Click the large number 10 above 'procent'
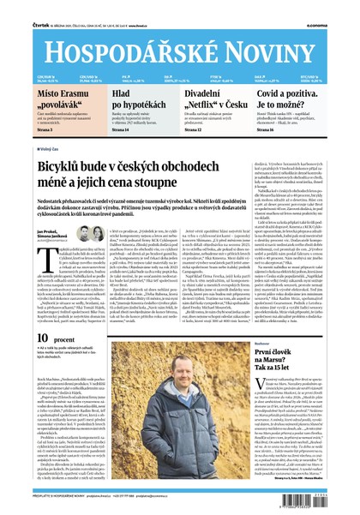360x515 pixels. click(x=21, y=364)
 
